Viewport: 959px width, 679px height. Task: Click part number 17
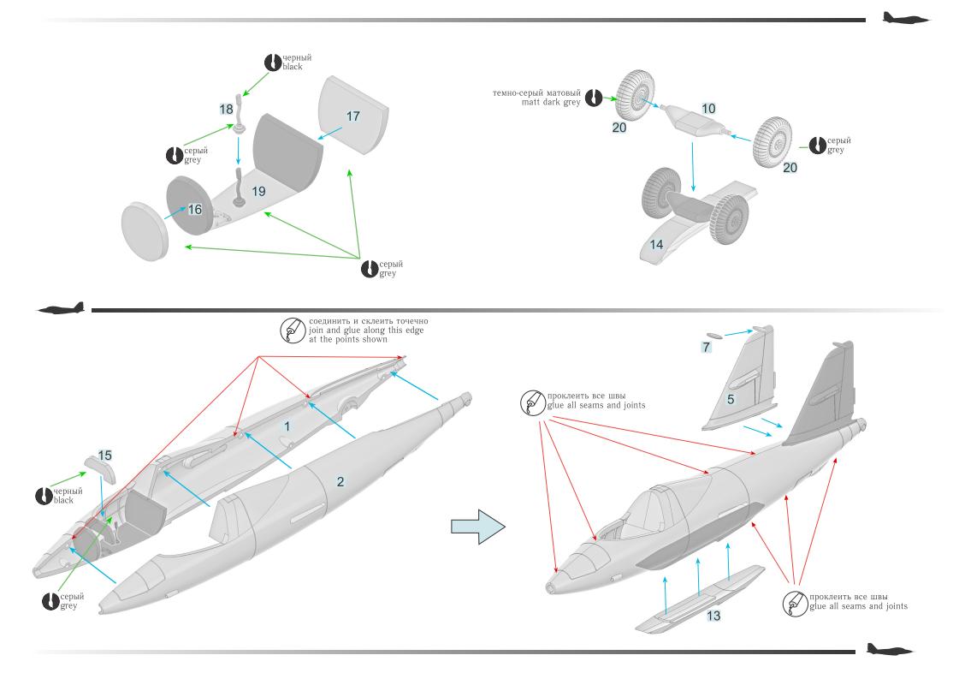[x=353, y=116]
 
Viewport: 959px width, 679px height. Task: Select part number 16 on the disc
[x=195, y=209]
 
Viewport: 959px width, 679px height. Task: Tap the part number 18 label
[x=226, y=109]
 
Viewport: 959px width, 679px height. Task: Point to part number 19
[x=258, y=191]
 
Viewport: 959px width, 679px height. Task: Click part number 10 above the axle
[x=708, y=109]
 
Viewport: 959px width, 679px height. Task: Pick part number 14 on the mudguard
[x=656, y=245]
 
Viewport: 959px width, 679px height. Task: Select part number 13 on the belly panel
[x=713, y=616]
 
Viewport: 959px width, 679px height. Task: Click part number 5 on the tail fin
[x=731, y=399]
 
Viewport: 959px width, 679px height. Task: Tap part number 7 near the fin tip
[x=706, y=347]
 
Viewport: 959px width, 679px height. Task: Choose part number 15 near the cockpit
[x=105, y=455]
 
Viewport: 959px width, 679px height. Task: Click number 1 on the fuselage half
[x=287, y=426]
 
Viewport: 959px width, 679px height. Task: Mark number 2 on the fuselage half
[x=340, y=482]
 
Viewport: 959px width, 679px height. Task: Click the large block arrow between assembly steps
[x=477, y=526]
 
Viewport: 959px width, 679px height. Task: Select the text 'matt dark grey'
[x=551, y=102]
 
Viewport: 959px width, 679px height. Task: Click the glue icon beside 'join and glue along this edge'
[x=292, y=330]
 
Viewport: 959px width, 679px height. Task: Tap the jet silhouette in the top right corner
[x=905, y=18]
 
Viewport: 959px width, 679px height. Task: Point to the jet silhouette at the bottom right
[x=889, y=650]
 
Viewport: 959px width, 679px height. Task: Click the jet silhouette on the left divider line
[x=62, y=308]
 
